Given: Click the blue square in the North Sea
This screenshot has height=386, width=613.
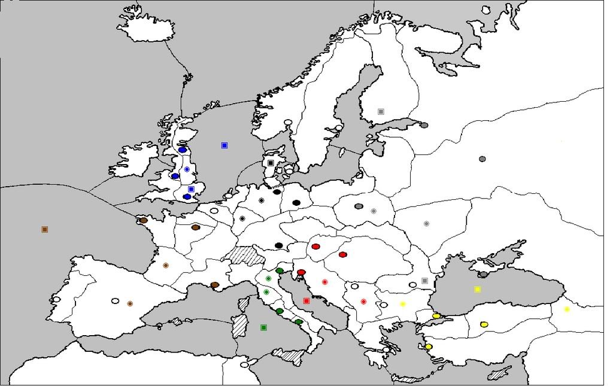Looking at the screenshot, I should click(x=224, y=145).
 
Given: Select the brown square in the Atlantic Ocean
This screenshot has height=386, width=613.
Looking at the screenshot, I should click(x=44, y=229).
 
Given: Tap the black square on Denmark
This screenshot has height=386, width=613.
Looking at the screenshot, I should click(x=271, y=163).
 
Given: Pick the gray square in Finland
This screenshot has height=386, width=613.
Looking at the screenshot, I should click(x=381, y=111).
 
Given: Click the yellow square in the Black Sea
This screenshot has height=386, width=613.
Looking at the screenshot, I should click(x=478, y=289).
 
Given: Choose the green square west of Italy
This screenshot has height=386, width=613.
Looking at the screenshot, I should click(x=263, y=327).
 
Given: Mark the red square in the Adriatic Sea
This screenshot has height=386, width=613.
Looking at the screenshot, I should click(x=306, y=301).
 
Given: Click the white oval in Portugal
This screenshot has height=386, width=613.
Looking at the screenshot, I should click(x=56, y=299).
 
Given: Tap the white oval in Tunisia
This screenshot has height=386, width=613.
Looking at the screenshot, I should click(x=244, y=364).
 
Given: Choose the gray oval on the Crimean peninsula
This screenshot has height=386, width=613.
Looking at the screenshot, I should click(x=483, y=275).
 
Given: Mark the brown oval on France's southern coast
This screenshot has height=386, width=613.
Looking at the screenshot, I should click(x=215, y=285).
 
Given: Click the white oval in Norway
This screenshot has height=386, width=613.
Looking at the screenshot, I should click(x=288, y=123).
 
